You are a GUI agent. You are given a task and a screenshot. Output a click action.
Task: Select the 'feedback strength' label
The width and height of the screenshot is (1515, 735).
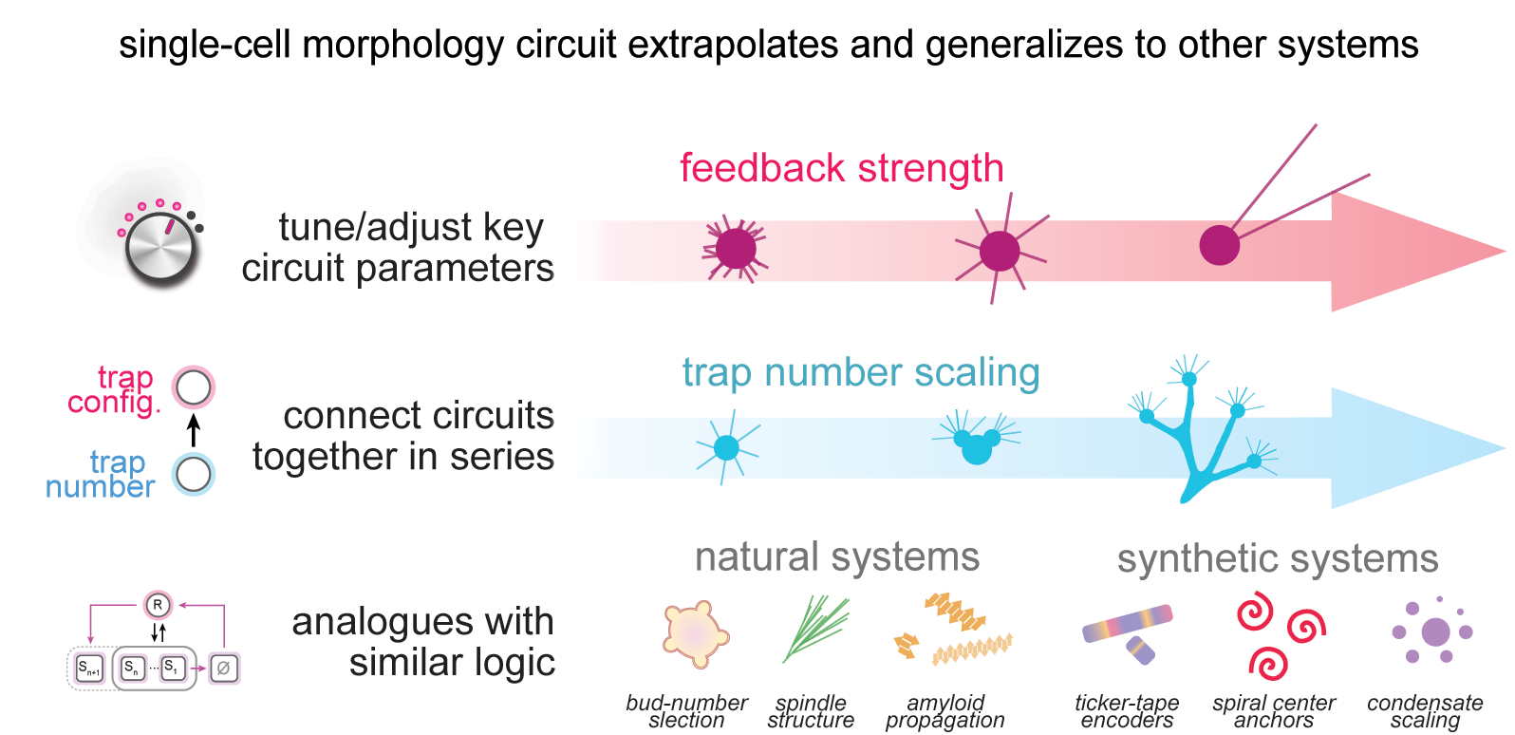tap(841, 168)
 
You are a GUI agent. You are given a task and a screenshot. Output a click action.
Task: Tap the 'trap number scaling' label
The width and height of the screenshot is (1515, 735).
tap(861, 373)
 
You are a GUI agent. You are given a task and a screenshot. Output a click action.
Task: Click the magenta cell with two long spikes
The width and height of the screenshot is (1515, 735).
tap(1220, 245)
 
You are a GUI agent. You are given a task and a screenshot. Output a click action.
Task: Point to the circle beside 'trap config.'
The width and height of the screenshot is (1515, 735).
tap(194, 387)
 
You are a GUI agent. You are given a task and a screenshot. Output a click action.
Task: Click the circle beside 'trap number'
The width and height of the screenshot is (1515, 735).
tap(194, 475)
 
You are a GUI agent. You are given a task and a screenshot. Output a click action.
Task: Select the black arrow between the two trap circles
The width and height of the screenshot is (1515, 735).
tap(194, 430)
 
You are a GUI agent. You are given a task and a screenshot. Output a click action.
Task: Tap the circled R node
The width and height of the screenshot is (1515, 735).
tap(158, 605)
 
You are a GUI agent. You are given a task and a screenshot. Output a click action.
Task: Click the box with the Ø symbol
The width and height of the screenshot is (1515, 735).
tap(223, 668)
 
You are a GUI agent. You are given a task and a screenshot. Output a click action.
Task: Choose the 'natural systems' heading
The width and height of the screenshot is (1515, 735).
tap(837, 557)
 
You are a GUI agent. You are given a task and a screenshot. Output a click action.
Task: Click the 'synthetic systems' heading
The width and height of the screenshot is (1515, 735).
tap(1278, 559)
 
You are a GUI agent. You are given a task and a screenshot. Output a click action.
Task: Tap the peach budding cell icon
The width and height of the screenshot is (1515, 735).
tap(696, 634)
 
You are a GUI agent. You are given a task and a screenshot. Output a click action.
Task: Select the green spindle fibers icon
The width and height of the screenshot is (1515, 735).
tap(815, 628)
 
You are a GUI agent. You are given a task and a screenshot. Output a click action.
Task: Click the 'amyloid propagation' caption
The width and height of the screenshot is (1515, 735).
tap(945, 711)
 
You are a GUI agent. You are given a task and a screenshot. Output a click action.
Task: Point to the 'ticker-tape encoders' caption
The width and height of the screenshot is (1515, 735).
tap(1127, 711)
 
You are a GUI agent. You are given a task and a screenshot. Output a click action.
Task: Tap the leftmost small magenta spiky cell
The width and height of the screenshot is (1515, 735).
tap(735, 249)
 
